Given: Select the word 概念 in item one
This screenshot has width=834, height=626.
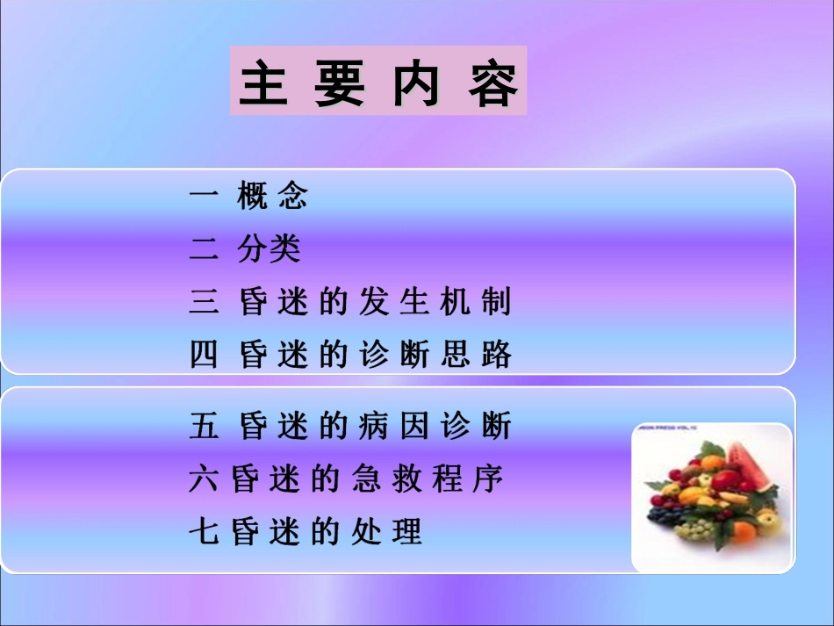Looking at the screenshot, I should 273,197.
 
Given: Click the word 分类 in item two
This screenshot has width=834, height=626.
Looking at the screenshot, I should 269,250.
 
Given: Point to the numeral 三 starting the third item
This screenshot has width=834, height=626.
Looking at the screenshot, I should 203,303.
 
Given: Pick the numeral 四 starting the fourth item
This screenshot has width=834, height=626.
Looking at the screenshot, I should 203,356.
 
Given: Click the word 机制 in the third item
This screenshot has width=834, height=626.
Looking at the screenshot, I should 482,303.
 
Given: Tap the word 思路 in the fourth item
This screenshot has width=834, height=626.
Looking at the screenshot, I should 482,356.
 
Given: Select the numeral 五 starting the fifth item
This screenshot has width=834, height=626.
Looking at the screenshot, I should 203,428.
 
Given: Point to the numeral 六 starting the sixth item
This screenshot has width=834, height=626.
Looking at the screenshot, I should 201,479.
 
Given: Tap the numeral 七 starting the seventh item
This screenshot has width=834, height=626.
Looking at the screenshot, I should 201,532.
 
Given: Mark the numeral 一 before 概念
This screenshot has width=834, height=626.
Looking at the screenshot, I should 203,197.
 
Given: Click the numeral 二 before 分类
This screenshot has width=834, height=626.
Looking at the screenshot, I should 203,250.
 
